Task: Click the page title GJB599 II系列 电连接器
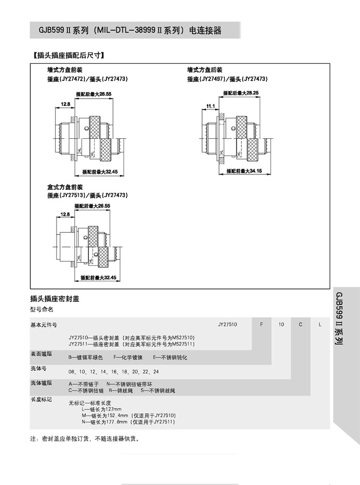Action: (126, 30)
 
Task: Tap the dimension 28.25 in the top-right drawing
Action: (253, 93)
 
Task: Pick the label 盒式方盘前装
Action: (65, 187)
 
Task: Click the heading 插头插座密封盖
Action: (54, 299)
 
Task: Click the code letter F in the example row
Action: (262, 325)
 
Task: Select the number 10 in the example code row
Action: (281, 325)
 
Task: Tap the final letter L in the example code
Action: (320, 325)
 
